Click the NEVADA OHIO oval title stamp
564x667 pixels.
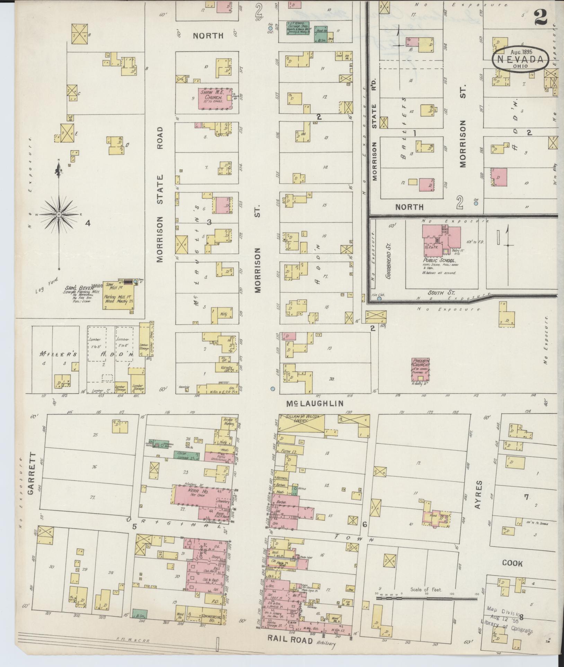(x=520, y=60)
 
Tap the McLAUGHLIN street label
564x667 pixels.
(x=315, y=403)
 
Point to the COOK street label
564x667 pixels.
(x=512, y=564)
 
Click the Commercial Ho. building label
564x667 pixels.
(x=211, y=619)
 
